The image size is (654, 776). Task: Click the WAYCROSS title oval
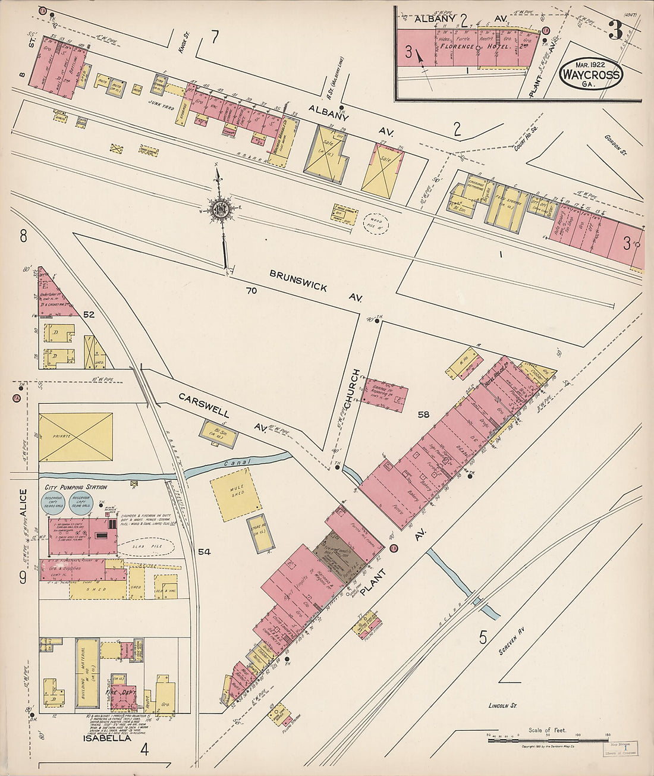coord(591,75)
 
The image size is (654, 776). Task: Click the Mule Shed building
coord(236,495)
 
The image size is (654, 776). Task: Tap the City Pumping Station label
coord(76,487)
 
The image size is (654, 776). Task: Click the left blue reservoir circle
coord(54,503)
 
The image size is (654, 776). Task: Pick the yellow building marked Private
coord(76,437)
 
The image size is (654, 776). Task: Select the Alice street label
coord(23,503)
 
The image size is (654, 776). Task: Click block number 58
coord(423,414)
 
